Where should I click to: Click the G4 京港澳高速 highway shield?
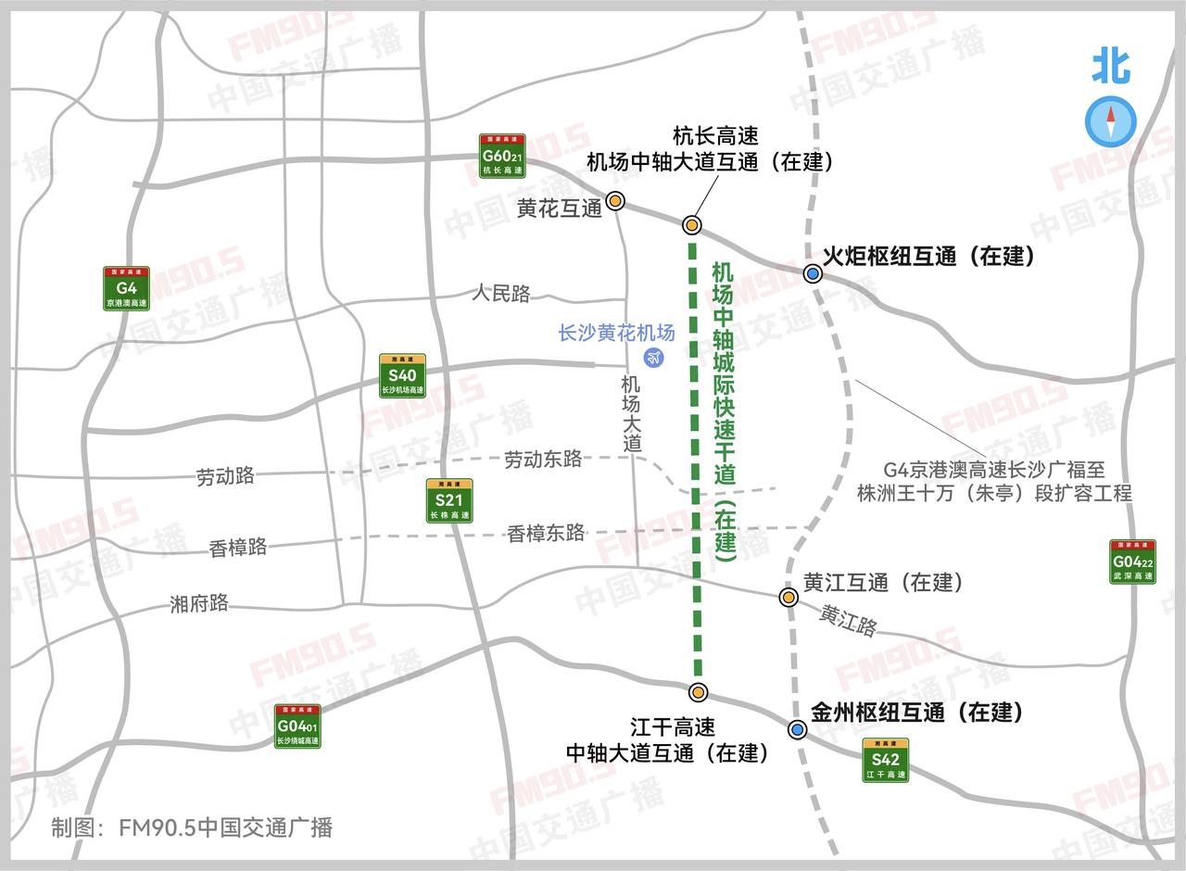click(x=126, y=288)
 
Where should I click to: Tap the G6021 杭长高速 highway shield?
click(x=502, y=156)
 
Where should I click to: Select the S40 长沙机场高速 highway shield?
click(x=402, y=375)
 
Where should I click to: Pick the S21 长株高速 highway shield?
click(x=449, y=501)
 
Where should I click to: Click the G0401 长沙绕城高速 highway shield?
click(x=297, y=726)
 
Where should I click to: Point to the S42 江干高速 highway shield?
click(x=885, y=760)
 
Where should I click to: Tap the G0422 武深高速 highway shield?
click(x=1132, y=562)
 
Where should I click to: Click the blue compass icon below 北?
click(x=1110, y=121)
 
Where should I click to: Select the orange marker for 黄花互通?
click(x=615, y=201)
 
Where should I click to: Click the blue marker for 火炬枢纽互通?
click(x=813, y=273)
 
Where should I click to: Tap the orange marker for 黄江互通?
click(x=789, y=598)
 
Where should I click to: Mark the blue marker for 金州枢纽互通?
click(x=797, y=729)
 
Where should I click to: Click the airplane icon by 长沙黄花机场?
click(x=655, y=357)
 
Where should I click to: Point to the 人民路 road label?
click(x=500, y=294)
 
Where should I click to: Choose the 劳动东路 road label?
click(x=543, y=459)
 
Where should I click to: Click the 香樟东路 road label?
click(x=546, y=533)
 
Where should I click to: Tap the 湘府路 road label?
click(x=199, y=603)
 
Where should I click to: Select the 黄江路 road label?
click(x=848, y=621)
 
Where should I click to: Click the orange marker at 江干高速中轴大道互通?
click(x=699, y=692)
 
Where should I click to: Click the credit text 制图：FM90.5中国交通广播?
click(x=192, y=827)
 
